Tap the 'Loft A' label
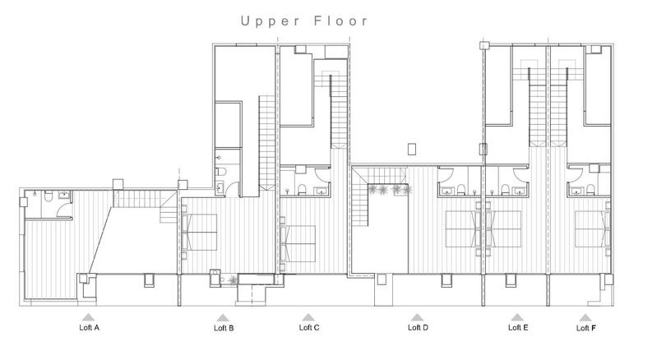coord(86,328)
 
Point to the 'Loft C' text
coord(308,328)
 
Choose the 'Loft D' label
coord(418,328)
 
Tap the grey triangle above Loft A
coord(86,316)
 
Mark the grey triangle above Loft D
coord(418,316)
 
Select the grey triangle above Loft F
coord(585,316)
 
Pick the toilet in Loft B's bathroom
coord(221,171)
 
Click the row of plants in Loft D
coord(391,190)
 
